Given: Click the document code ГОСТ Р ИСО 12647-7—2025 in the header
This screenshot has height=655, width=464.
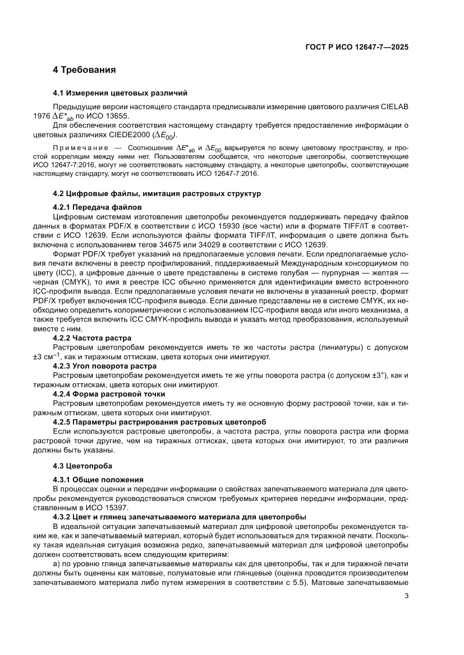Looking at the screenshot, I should point(356,48).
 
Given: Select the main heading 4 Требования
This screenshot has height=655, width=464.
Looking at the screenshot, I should point(84,70).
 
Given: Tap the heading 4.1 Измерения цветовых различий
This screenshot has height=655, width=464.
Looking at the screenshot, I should point(120,93).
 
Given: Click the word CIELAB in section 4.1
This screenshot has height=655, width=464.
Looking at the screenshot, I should point(393,106).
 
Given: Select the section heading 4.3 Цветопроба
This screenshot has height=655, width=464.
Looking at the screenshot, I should point(82,466).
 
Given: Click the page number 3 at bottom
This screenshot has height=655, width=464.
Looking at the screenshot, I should point(406,596).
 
